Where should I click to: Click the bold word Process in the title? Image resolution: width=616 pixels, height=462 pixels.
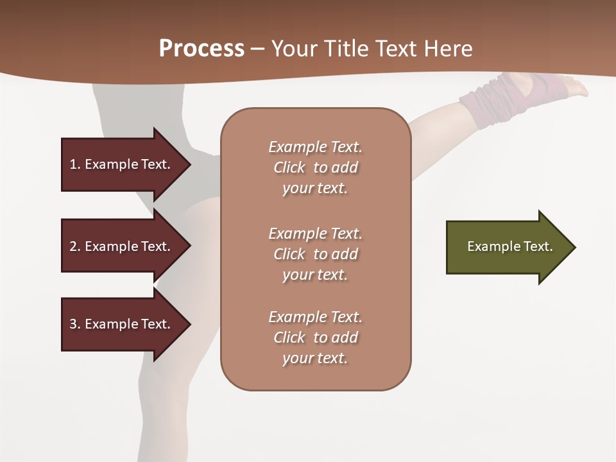pos(201,49)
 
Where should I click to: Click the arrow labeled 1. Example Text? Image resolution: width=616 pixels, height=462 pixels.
pos(122,164)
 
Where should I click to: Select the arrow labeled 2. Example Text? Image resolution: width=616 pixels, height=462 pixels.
pos(122,246)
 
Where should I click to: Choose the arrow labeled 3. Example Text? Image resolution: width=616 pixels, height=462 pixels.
pos(122,324)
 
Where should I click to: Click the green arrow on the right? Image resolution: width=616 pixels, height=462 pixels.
pos(507,247)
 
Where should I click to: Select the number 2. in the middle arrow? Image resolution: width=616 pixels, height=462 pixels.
pos(74,246)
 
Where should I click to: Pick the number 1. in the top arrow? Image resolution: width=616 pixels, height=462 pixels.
pos(74,164)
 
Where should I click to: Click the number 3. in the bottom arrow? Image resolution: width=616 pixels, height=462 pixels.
pos(74,324)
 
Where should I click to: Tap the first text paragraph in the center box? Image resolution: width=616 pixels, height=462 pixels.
pos(315,167)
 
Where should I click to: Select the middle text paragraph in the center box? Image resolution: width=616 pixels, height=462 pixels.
pos(315,254)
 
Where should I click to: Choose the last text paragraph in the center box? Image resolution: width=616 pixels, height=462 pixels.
pos(315,338)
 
